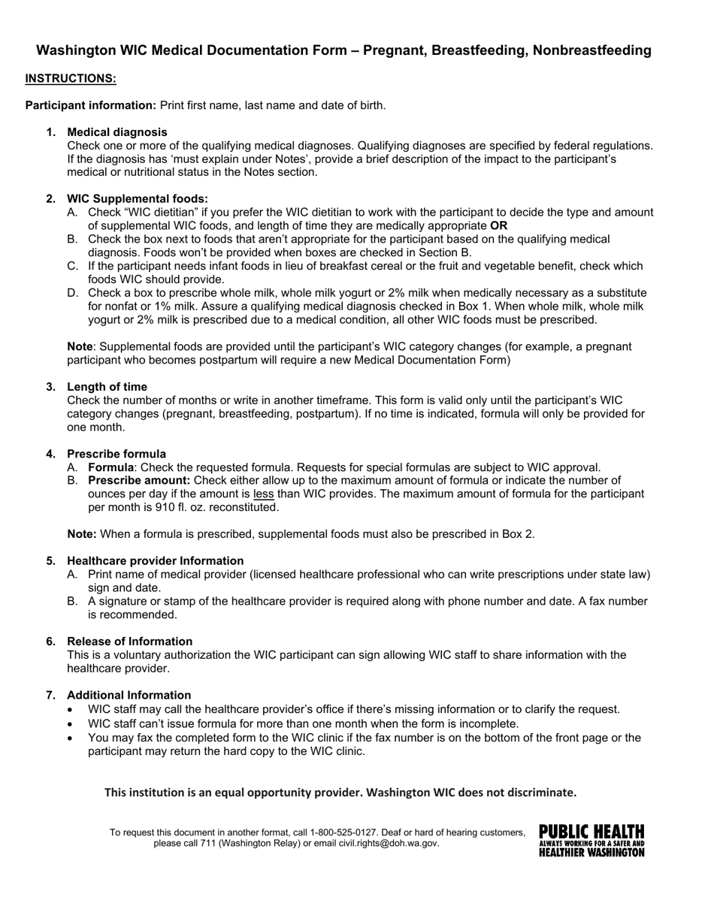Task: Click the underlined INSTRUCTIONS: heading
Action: click(x=71, y=78)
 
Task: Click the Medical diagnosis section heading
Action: click(x=116, y=132)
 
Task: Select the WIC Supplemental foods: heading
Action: click(x=138, y=199)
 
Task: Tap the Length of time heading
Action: click(x=107, y=387)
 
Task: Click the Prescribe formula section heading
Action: click(x=116, y=454)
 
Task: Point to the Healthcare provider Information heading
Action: click(x=155, y=561)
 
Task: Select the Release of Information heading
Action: click(x=129, y=642)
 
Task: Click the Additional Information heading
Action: click(x=129, y=696)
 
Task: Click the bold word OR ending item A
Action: click(x=498, y=226)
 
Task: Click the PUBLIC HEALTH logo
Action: click(x=591, y=841)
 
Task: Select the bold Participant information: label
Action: click(x=91, y=105)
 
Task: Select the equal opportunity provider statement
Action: click(x=340, y=793)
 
